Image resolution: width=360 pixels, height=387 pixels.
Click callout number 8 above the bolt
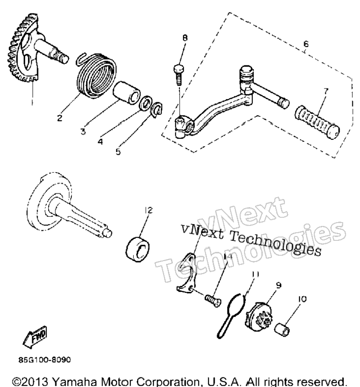(185, 37)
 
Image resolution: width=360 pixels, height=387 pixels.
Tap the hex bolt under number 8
(179, 74)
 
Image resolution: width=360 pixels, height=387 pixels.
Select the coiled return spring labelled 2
(95, 75)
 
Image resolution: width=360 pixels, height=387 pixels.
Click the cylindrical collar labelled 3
(126, 92)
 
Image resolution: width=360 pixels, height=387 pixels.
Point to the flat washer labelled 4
(146, 103)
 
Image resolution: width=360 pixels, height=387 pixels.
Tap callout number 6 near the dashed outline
(306, 44)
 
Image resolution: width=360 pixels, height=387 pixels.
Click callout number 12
(149, 210)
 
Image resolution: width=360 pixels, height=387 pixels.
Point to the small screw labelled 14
(213, 300)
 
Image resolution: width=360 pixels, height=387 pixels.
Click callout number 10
(302, 299)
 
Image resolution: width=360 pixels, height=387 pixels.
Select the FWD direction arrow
(35, 337)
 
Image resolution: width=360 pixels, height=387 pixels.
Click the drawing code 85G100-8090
(44, 360)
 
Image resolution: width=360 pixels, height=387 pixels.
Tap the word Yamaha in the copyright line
(75, 382)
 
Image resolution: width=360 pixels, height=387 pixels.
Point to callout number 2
(60, 118)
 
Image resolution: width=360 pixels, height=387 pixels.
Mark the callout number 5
(118, 152)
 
